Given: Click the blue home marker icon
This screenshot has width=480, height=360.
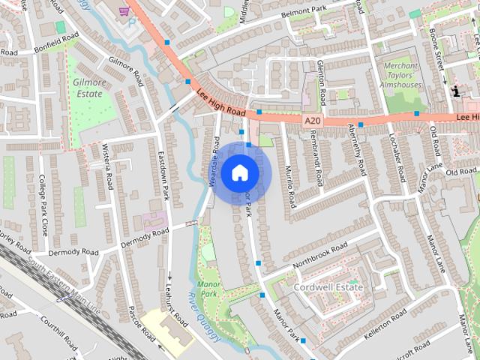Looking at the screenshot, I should (239, 172).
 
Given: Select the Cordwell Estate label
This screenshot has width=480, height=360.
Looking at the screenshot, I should (328, 287).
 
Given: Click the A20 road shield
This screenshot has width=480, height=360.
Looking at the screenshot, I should (313, 120).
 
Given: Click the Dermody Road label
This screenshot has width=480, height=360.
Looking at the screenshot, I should (73, 252).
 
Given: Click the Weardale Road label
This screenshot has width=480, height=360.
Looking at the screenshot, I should (214, 160).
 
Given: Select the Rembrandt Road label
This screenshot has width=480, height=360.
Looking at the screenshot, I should (318, 157).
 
